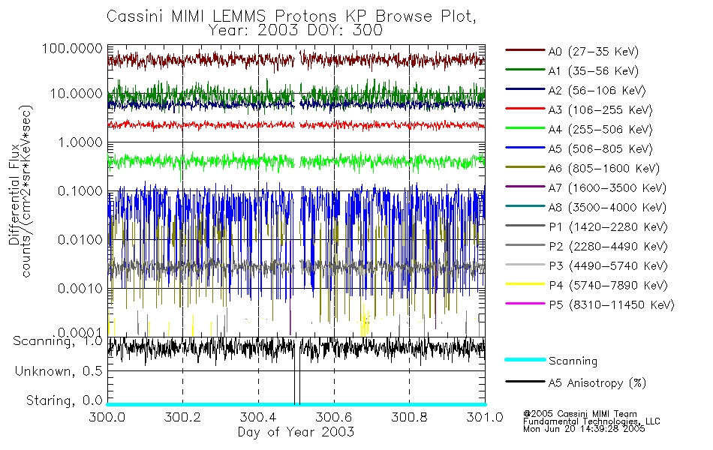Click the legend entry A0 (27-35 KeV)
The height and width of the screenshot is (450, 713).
pyautogui.click(x=588, y=52)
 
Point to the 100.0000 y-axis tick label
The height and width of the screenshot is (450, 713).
pyautogui.click(x=73, y=47)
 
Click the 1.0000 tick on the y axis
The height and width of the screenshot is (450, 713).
pyautogui.click(x=78, y=142)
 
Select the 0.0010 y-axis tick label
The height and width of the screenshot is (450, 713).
pyautogui.click(x=78, y=288)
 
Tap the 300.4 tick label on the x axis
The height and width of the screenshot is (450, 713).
pyautogui.click(x=258, y=417)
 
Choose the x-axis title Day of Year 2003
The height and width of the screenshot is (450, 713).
pyautogui.click(x=295, y=432)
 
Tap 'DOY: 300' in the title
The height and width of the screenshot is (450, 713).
pyautogui.click(x=353, y=31)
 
